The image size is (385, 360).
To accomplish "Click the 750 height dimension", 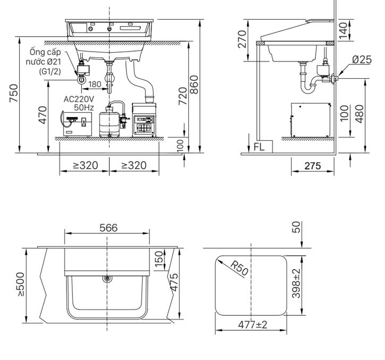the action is (x=14, y=93).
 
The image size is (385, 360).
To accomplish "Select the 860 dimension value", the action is (x=194, y=85).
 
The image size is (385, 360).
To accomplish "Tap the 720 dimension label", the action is (x=183, y=96).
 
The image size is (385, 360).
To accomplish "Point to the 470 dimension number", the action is (x=43, y=115).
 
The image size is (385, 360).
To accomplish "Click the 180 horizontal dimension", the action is (x=95, y=84).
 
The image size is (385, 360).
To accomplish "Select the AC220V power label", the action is (x=79, y=99).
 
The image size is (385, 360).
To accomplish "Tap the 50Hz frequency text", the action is (x=84, y=107).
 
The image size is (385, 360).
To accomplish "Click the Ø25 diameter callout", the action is (x=362, y=60).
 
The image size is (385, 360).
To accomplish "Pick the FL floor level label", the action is (x=259, y=147).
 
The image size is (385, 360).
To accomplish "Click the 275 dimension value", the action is (x=313, y=166).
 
